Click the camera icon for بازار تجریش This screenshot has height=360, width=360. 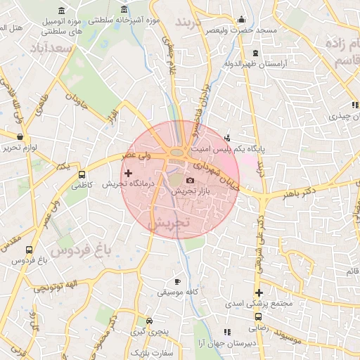[x=189, y=181]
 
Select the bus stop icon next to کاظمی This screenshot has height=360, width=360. [x=82, y=175]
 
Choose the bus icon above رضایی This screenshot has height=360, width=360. [x=257, y=316]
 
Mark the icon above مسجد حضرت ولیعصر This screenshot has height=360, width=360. [x=243, y=20]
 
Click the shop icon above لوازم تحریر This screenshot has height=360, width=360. [x=20, y=136]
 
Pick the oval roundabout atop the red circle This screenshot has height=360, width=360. [x=176, y=152]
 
